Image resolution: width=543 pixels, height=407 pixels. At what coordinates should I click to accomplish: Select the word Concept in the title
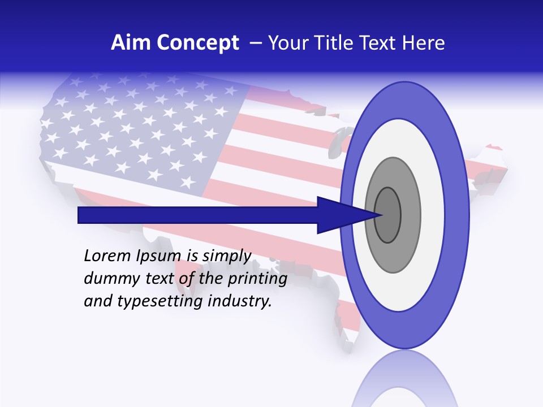pyautogui.click(x=198, y=43)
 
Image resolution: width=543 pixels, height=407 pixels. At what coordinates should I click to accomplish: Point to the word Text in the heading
pyautogui.click(x=380, y=43)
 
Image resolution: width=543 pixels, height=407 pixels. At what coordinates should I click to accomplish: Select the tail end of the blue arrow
pyautogui.click(x=80, y=215)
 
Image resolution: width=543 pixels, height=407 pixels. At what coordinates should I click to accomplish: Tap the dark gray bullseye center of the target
pyautogui.click(x=387, y=215)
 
